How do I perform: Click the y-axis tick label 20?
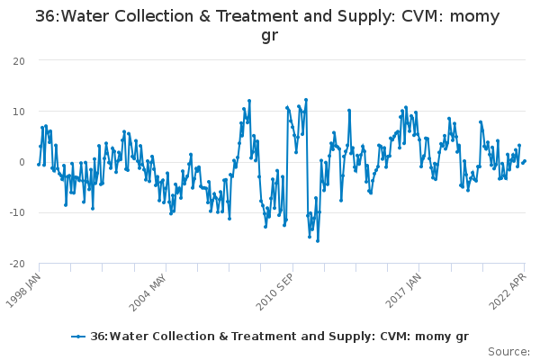tap(19, 61)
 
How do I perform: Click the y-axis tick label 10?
tap(19, 112)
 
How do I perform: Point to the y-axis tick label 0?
tap(22, 162)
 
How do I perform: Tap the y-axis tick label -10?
tap(17, 212)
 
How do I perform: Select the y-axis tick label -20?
tap(17, 264)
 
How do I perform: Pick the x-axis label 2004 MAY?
tap(148, 292)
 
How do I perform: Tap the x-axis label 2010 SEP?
tap(274, 292)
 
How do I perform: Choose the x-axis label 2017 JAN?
tap(403, 291)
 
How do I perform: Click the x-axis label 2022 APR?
tap(508, 292)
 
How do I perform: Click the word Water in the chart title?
tap(85, 16)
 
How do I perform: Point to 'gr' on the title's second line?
tap(270, 35)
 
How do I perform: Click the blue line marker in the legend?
tap(78, 337)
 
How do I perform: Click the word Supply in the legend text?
tap(351, 337)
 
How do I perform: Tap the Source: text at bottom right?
tap(508, 352)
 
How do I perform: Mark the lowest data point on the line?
tap(318, 241)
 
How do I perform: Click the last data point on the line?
tap(525, 161)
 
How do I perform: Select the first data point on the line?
tap(39, 165)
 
